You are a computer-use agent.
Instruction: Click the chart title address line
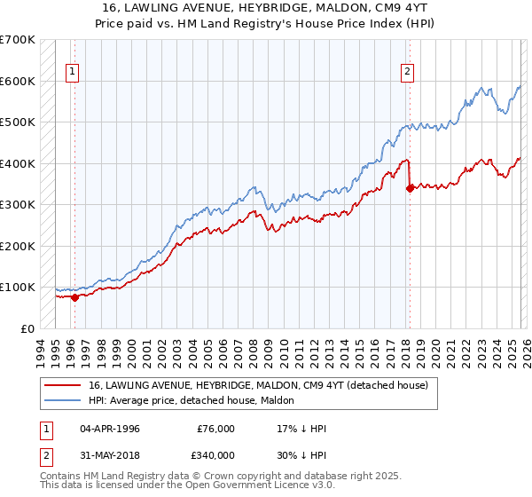coord(266,7)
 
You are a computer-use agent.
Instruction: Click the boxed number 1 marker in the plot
coord(72,73)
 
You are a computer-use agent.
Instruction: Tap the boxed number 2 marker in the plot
coord(407,73)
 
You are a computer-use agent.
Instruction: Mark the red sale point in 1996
coord(74,297)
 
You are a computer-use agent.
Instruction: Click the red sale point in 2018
coord(410,188)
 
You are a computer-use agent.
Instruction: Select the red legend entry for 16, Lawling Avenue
coord(258,385)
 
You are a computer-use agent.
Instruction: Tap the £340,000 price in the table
coord(216,454)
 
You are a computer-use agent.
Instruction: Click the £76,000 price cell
coord(216,429)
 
